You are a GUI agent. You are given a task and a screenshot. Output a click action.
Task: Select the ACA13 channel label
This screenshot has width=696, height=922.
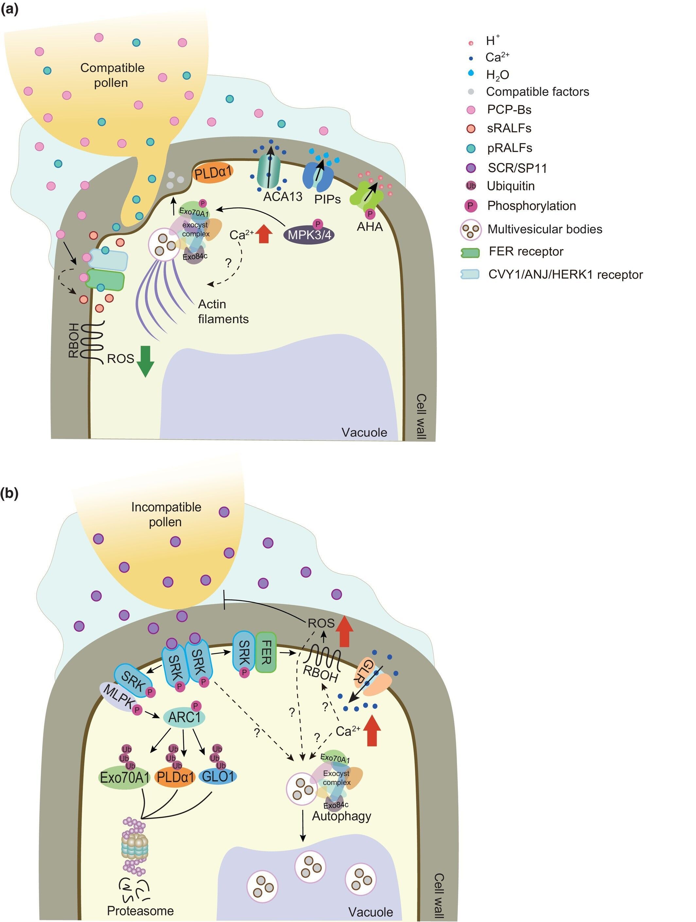click(x=283, y=196)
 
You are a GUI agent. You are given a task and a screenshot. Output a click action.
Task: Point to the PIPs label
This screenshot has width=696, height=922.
click(x=328, y=199)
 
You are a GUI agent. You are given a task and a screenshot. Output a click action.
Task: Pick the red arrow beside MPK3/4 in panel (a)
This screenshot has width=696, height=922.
click(x=263, y=234)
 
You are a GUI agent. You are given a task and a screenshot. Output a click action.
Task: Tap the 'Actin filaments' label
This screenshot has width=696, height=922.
click(x=223, y=311)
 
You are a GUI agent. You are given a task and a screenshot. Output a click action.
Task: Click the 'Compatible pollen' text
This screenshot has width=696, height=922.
click(x=112, y=75)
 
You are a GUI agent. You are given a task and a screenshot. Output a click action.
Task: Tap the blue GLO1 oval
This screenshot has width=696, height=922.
click(x=218, y=776)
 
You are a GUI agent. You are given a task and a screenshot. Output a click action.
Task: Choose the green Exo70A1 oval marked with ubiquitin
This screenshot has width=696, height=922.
click(x=125, y=777)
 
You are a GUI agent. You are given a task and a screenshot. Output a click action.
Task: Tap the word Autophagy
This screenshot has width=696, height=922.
click(x=341, y=816)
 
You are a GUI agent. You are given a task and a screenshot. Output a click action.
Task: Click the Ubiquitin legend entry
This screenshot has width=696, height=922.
click(x=511, y=186)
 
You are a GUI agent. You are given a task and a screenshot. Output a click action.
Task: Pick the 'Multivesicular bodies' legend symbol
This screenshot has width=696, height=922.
click(x=471, y=229)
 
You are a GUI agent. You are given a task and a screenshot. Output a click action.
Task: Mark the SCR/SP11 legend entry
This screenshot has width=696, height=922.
click(x=517, y=168)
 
